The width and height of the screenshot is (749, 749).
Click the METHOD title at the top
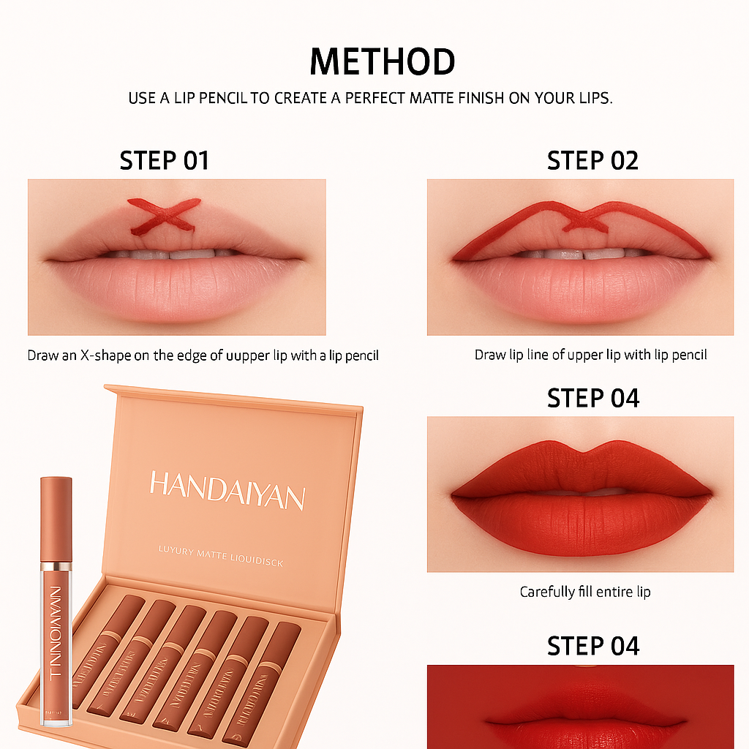click(382, 61)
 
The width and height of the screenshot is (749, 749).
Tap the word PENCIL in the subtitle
click(219, 98)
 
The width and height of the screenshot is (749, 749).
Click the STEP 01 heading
click(164, 161)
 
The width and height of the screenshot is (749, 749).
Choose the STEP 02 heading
click(592, 161)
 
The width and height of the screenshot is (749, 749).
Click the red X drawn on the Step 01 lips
click(165, 214)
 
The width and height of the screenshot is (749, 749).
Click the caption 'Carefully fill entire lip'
click(585, 592)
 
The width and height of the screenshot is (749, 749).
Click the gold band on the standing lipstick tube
click(56, 566)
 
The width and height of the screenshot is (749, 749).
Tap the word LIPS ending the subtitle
click(595, 98)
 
